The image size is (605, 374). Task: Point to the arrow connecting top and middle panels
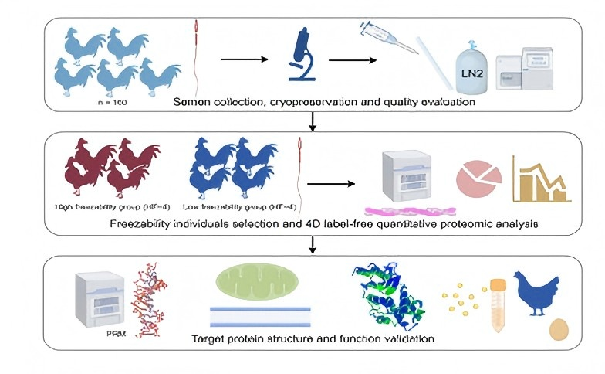pos(312,121)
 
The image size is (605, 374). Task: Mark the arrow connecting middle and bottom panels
pos(312,245)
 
